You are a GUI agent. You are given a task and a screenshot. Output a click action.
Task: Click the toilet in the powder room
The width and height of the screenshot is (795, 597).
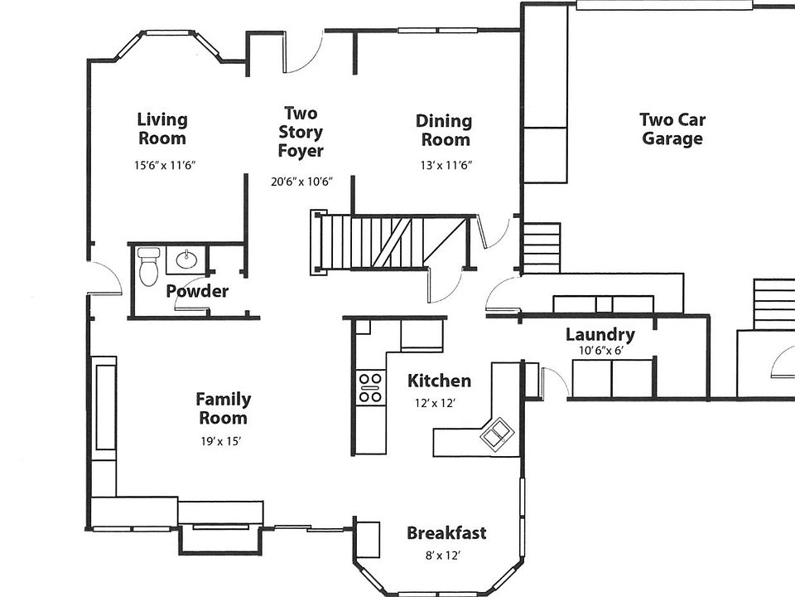(148, 266)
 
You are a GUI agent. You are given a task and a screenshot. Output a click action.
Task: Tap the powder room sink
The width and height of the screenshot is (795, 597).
(186, 260)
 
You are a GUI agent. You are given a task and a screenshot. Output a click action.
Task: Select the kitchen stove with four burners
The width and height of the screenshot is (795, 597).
(370, 388)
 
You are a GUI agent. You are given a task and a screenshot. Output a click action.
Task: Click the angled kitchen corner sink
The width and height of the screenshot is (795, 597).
(498, 434)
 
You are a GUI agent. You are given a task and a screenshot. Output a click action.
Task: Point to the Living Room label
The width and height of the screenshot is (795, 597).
(162, 129)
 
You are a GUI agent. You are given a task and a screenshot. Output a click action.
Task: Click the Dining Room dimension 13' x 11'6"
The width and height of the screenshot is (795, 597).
(446, 166)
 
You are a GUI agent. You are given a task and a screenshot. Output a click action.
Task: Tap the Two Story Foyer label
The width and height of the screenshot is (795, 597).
(301, 132)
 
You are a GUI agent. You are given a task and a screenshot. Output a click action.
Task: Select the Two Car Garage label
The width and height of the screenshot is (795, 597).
(672, 129)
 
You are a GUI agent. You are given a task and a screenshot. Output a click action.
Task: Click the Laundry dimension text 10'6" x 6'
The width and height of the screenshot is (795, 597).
(601, 350)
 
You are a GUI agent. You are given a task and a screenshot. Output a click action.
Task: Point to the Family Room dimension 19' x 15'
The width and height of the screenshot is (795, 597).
(220, 442)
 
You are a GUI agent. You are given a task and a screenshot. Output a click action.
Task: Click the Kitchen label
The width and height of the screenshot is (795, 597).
(439, 381)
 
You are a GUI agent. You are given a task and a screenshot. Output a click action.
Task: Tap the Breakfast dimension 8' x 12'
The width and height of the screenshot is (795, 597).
(442, 556)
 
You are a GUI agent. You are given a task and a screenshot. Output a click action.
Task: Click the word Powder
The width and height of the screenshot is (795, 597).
(197, 291)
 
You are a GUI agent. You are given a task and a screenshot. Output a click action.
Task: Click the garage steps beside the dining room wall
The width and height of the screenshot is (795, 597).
(542, 248)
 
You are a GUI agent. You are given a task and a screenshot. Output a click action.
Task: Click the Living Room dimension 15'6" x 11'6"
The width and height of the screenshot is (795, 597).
(165, 165)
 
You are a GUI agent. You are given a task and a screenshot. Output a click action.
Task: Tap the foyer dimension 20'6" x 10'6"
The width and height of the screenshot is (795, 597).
(301, 182)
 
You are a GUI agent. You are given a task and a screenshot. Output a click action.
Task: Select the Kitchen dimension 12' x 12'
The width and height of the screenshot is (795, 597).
(435, 404)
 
